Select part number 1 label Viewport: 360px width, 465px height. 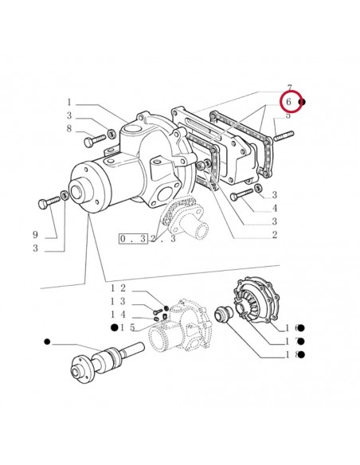(69, 102)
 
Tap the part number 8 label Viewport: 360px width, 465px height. (69, 128)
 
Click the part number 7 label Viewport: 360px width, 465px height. (290, 88)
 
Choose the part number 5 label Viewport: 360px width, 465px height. (289, 116)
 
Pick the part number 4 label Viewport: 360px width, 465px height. (274, 209)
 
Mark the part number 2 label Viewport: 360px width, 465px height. (274, 235)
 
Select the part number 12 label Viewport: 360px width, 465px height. (118, 287)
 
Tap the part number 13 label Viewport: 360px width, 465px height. (118, 301)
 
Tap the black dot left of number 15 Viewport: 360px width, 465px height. (115, 328)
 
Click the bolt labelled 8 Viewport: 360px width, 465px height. (93, 139)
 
